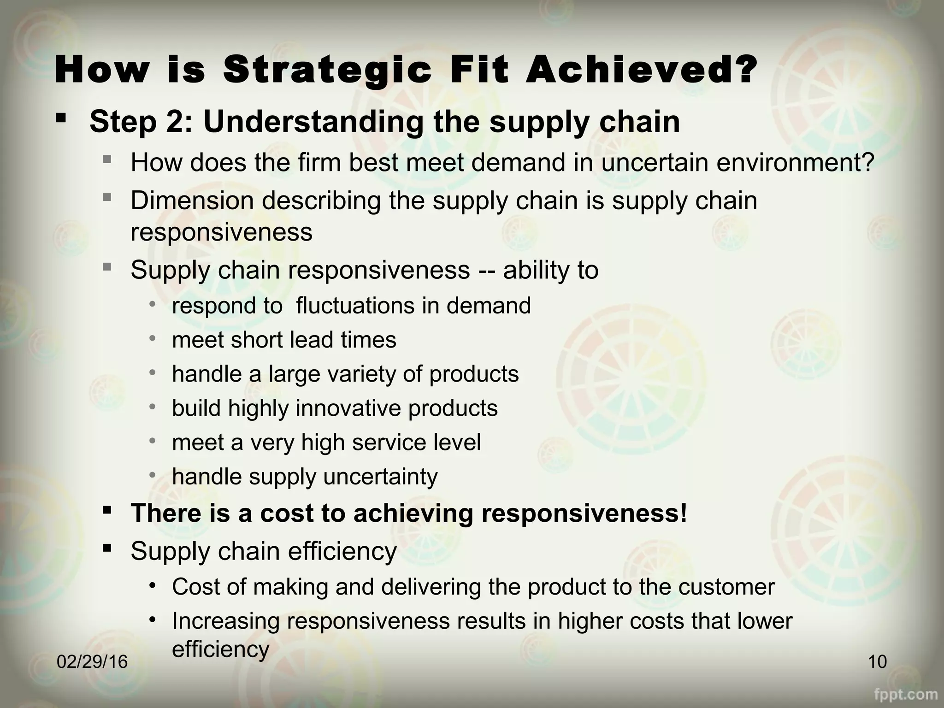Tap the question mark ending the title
point(743,70)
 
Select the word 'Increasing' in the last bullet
point(225,620)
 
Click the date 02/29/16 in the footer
point(92,662)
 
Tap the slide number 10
point(877,662)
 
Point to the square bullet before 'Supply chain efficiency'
point(107,548)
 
